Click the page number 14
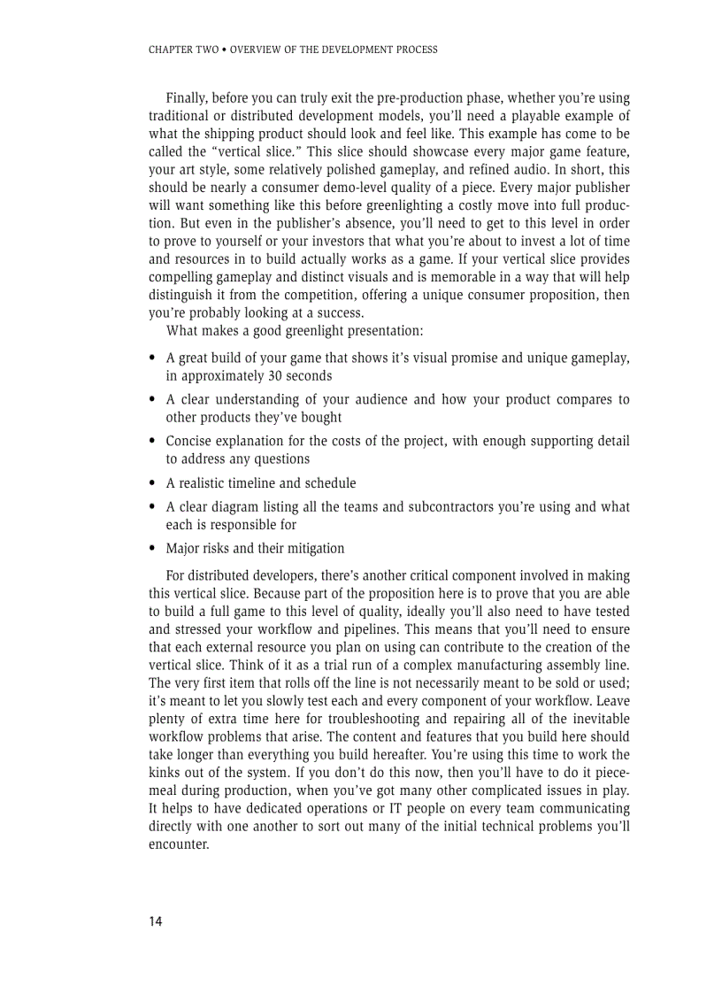[x=156, y=921]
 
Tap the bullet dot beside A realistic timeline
[x=153, y=483]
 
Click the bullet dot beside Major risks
[x=153, y=549]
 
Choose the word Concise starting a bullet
[x=190, y=441]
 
